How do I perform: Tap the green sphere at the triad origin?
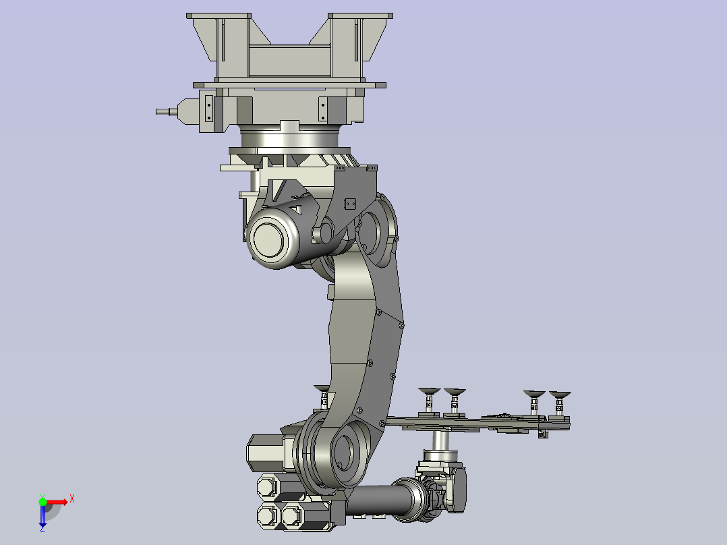click(42, 502)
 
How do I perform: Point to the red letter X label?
click(72, 499)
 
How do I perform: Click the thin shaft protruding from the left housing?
click(167, 111)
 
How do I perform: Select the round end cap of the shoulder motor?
click(268, 240)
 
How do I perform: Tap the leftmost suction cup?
click(322, 389)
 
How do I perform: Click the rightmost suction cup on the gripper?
click(560, 395)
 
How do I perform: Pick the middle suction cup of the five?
click(455, 393)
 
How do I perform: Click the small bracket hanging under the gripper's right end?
click(543, 434)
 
